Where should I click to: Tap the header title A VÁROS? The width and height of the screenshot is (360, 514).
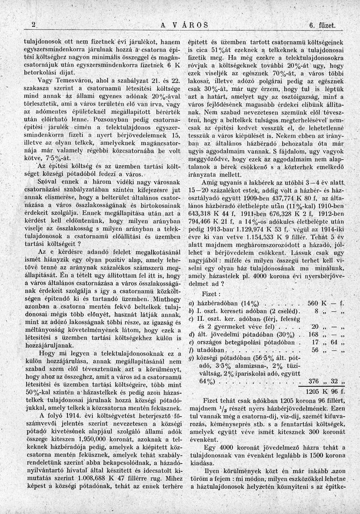(184, 25)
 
